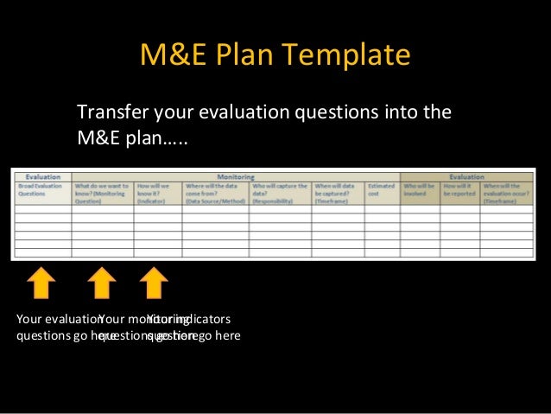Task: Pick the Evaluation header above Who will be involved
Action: click(x=466, y=176)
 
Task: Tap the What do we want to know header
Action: click(x=101, y=192)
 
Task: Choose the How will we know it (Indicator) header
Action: click(x=156, y=192)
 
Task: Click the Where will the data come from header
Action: click(x=213, y=192)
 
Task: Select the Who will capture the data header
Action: click(x=279, y=192)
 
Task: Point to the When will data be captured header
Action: click(x=338, y=192)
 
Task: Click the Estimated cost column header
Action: click(x=381, y=188)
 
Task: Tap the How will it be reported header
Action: click(x=459, y=188)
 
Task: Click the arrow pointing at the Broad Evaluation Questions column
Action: click(x=41, y=283)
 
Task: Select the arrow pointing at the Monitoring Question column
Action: click(x=101, y=283)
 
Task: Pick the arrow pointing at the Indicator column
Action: click(x=154, y=283)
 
